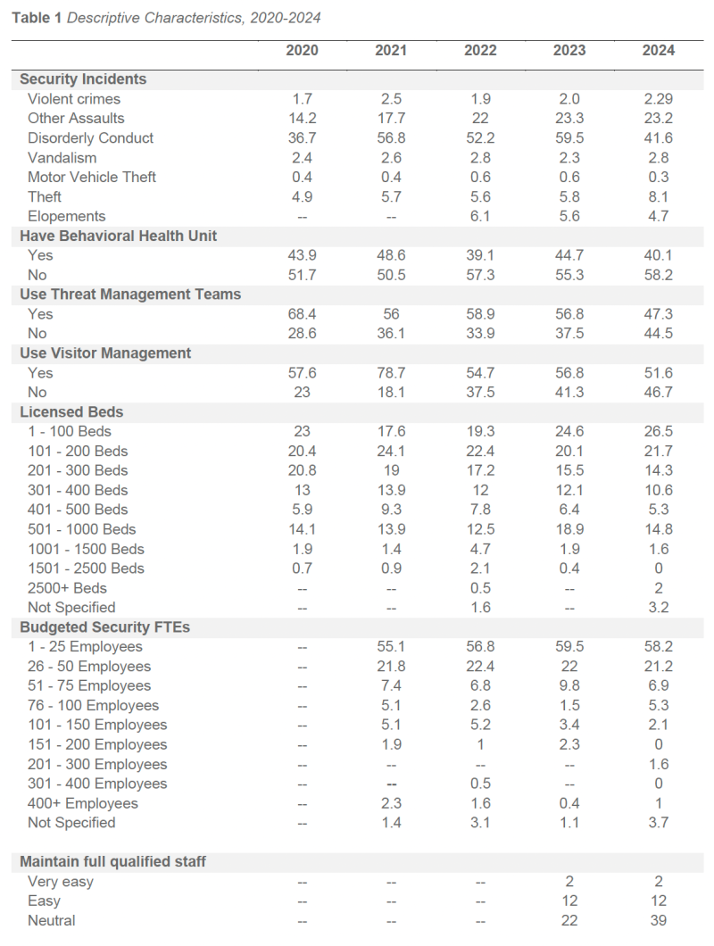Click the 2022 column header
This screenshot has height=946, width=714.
point(480,50)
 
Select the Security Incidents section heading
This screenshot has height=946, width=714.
point(83,79)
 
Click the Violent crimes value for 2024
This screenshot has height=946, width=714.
point(659,99)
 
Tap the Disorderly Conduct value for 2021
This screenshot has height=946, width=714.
point(391,138)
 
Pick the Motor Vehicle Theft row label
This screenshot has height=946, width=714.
point(92,177)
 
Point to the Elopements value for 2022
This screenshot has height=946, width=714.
point(480,216)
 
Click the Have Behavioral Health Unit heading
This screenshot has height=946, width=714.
point(119,236)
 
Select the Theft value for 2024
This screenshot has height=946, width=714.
point(659,196)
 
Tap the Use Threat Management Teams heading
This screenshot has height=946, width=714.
point(130,295)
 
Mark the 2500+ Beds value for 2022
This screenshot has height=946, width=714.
point(480,588)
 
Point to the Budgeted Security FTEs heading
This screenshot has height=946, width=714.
point(104,627)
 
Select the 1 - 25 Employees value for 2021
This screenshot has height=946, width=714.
point(391,647)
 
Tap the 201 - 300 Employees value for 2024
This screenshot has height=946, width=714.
point(659,764)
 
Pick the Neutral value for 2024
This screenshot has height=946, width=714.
point(659,921)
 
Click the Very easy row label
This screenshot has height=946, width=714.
point(61,882)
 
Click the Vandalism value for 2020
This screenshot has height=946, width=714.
point(302,157)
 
